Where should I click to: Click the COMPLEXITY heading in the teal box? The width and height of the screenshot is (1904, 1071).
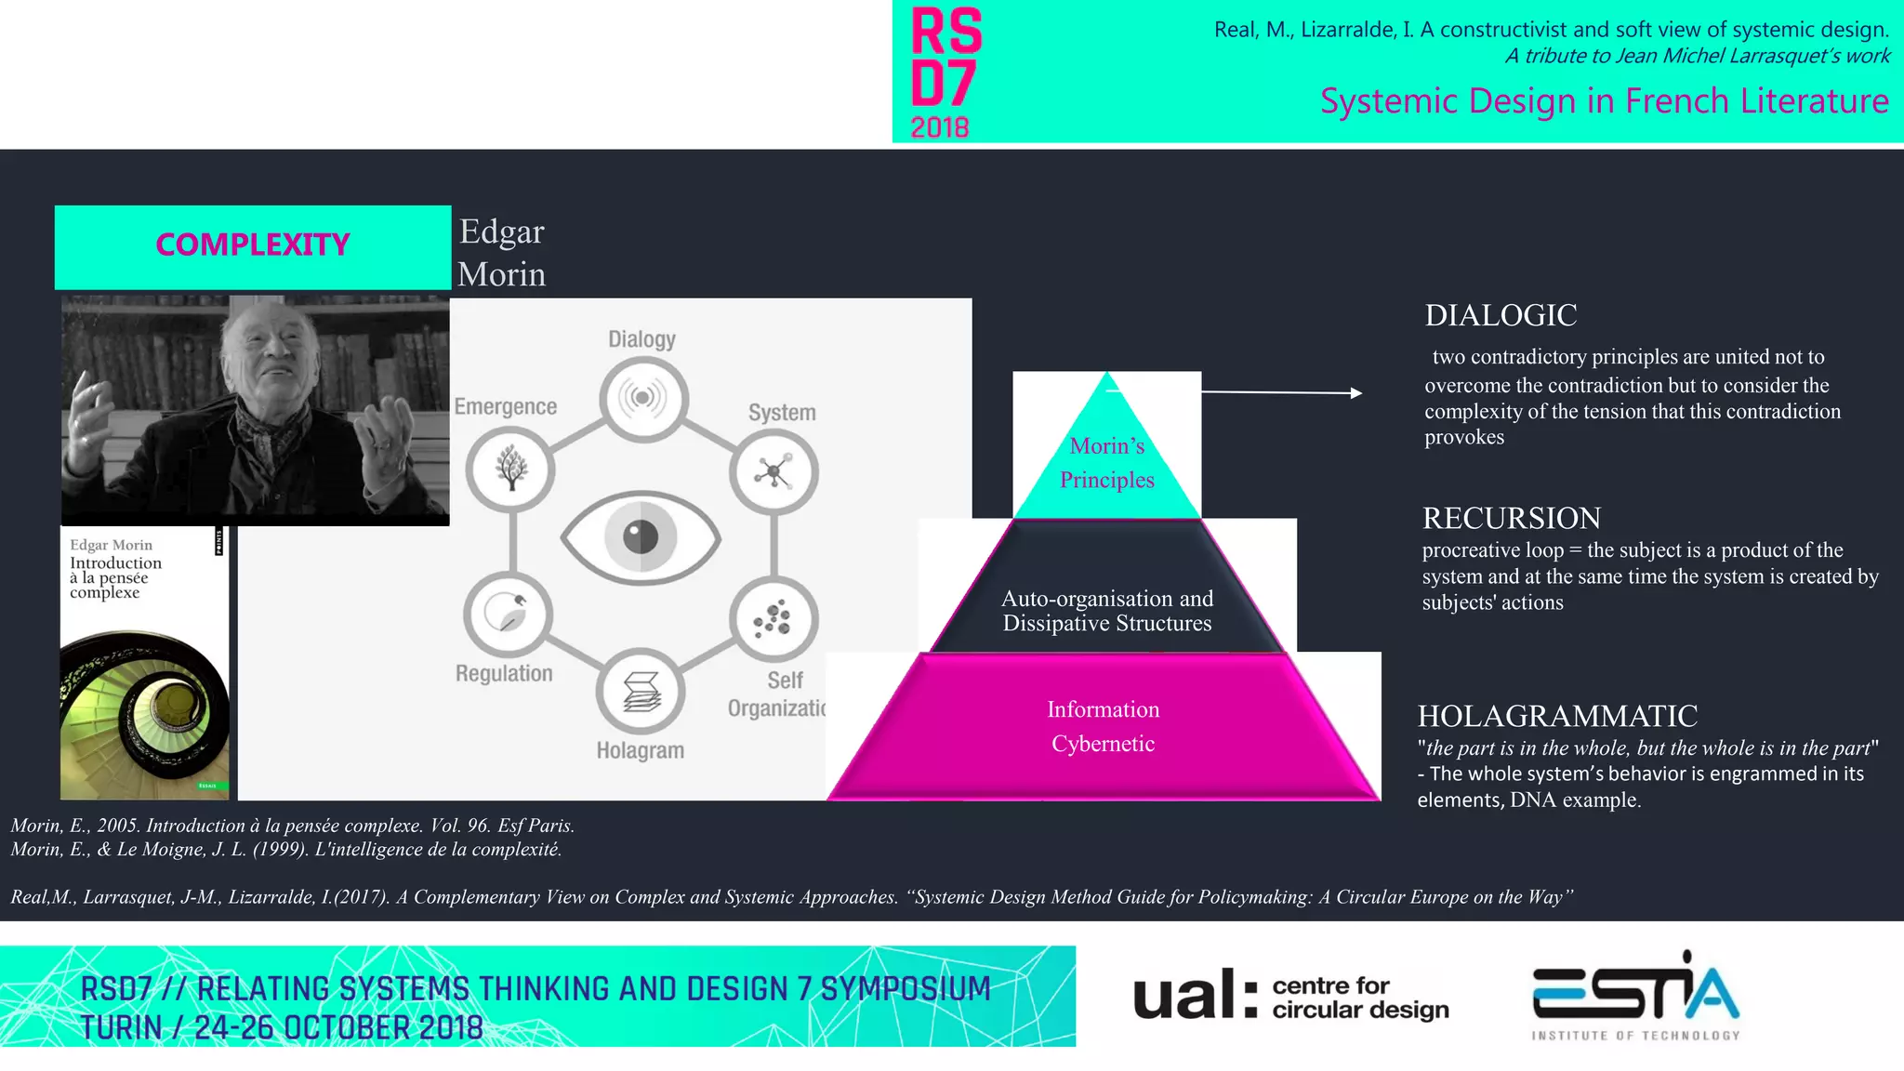252,245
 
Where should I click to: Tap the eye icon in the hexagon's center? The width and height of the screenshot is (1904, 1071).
641,536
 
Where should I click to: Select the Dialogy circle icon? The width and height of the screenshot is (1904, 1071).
643,398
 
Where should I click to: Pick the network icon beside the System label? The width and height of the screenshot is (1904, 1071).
773,472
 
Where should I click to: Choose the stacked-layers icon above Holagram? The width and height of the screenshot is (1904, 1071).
641,692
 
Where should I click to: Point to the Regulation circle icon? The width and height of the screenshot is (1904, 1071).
509,614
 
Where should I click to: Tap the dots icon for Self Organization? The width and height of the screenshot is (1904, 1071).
773,618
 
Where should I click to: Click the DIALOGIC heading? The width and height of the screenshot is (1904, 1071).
1501,316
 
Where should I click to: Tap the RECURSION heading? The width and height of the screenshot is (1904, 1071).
1512,518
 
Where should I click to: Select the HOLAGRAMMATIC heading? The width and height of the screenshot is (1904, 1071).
1557,716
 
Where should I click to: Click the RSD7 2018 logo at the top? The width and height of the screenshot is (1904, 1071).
945,72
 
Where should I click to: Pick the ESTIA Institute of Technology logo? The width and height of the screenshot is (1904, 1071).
1635,995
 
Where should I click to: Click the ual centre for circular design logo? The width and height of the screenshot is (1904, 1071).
1290,996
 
